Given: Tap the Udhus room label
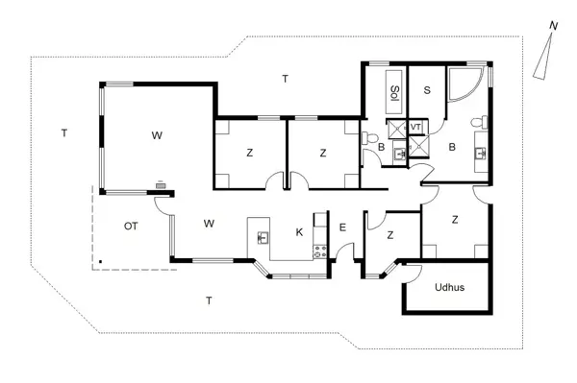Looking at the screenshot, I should (x=449, y=287).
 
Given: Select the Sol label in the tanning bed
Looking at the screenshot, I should (x=394, y=92).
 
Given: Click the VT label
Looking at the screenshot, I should (x=416, y=127).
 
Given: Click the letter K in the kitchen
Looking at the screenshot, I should (x=299, y=231).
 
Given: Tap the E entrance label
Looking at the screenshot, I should (x=342, y=227).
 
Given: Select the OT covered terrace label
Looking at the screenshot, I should (x=132, y=227).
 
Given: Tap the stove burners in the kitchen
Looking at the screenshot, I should (x=320, y=251).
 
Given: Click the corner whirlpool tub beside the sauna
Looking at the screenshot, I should (x=469, y=87).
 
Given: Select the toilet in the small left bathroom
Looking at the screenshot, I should (x=371, y=139).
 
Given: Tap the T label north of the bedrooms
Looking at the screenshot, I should (x=285, y=78).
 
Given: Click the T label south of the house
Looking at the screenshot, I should (x=209, y=300).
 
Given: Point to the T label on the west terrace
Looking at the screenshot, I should (x=63, y=133).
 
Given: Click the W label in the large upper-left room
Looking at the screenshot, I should (x=156, y=135).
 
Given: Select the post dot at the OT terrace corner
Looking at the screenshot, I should (x=100, y=261).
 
